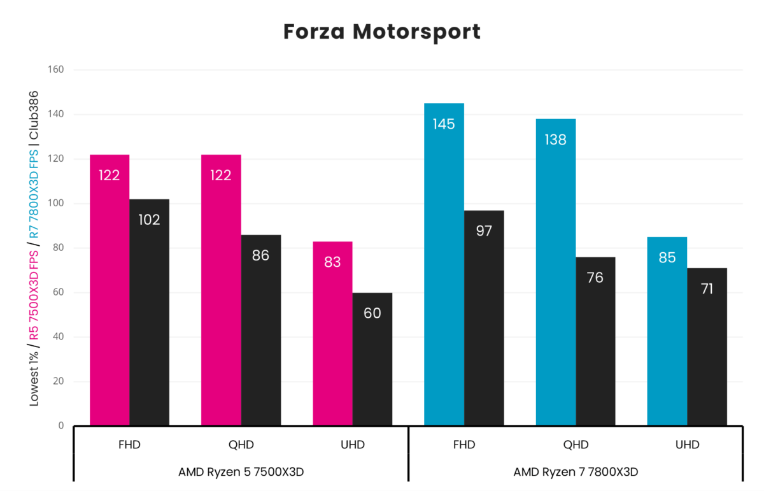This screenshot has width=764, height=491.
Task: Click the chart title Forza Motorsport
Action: click(x=381, y=31)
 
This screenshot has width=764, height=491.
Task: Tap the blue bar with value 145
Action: click(x=444, y=264)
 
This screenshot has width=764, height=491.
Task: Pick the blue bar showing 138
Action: click(x=556, y=272)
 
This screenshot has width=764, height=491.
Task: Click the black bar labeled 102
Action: click(x=149, y=312)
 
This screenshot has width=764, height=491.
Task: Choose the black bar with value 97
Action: click(x=484, y=318)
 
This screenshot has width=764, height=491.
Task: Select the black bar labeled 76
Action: click(x=595, y=341)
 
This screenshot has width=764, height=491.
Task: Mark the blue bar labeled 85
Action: click(x=667, y=331)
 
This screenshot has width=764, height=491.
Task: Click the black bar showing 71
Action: click(x=707, y=346)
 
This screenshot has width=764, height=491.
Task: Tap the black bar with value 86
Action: click(x=261, y=330)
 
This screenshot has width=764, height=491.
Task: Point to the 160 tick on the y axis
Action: click(x=56, y=69)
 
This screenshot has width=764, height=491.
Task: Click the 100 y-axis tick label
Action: click(x=56, y=204)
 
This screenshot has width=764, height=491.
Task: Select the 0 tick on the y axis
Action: click(x=61, y=425)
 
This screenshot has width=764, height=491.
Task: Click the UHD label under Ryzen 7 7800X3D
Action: click(x=687, y=445)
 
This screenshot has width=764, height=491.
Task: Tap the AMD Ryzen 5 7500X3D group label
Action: click(x=241, y=472)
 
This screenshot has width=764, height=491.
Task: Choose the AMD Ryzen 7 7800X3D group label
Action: click(x=576, y=472)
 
